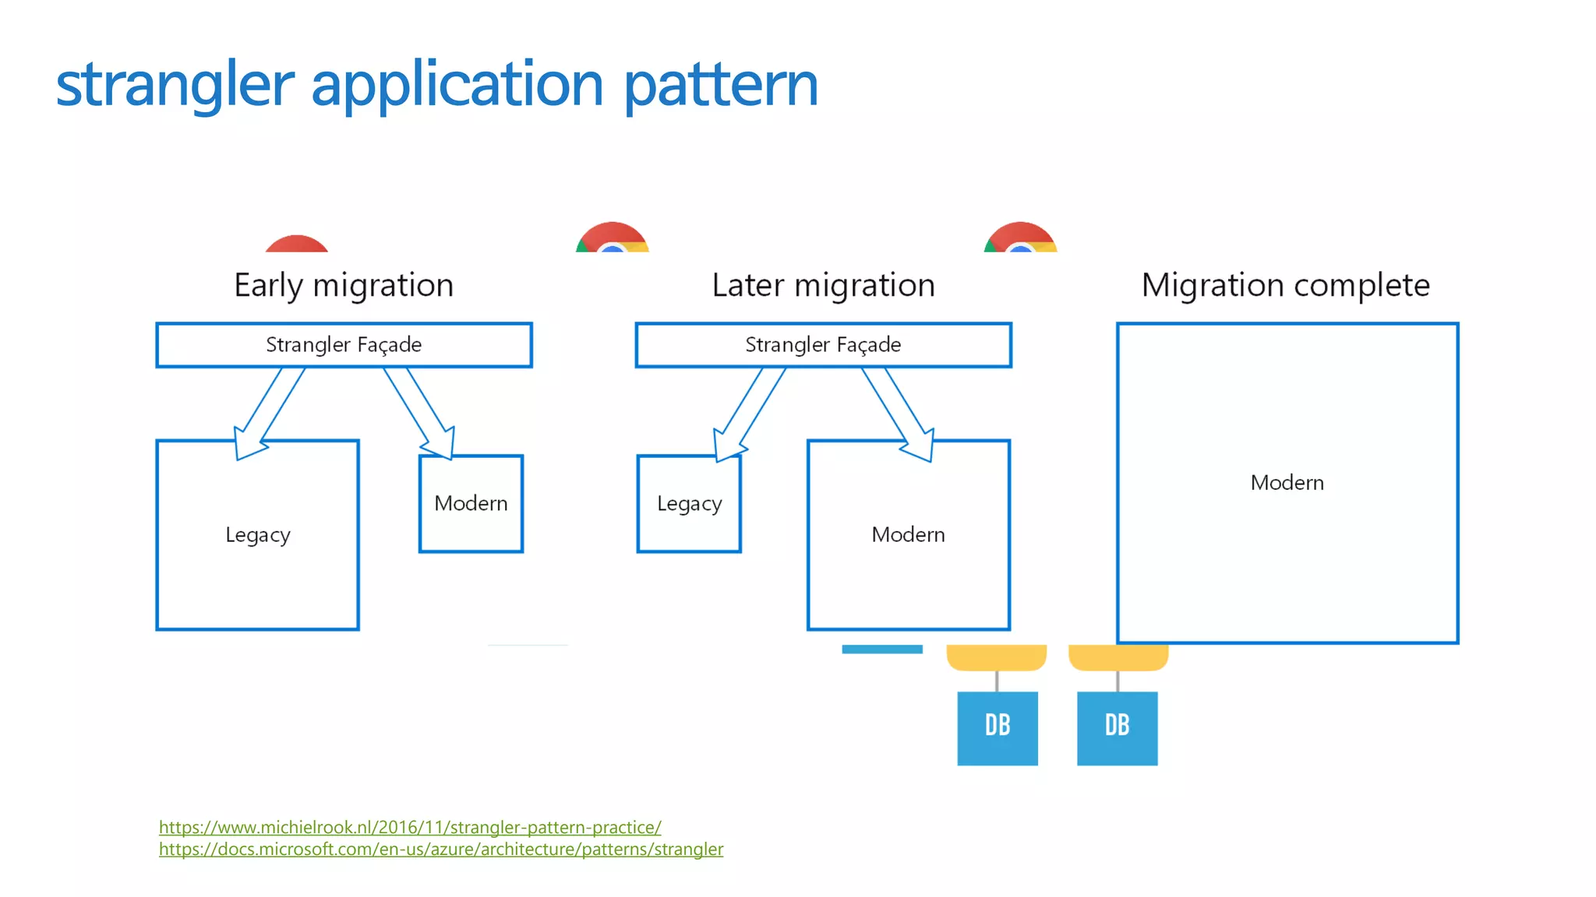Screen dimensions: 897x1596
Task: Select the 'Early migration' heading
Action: click(344, 285)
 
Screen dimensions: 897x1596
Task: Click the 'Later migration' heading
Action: click(823, 285)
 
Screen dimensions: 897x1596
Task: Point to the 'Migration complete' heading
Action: click(1285, 285)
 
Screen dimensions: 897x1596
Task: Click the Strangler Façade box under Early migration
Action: click(344, 345)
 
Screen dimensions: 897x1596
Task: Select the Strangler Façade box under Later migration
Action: click(823, 345)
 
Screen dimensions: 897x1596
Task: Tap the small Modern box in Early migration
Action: click(471, 504)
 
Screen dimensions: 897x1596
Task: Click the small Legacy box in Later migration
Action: click(689, 504)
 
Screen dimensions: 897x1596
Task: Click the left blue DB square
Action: click(997, 728)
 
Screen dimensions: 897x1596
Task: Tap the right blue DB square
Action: click(1117, 728)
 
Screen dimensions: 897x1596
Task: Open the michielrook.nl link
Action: click(410, 827)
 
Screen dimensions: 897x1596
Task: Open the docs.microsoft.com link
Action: click(441, 849)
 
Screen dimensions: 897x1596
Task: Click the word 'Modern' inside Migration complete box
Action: click(1287, 483)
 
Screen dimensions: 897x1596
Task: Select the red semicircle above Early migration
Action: click(296, 244)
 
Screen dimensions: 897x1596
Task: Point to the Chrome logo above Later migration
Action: click(613, 238)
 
